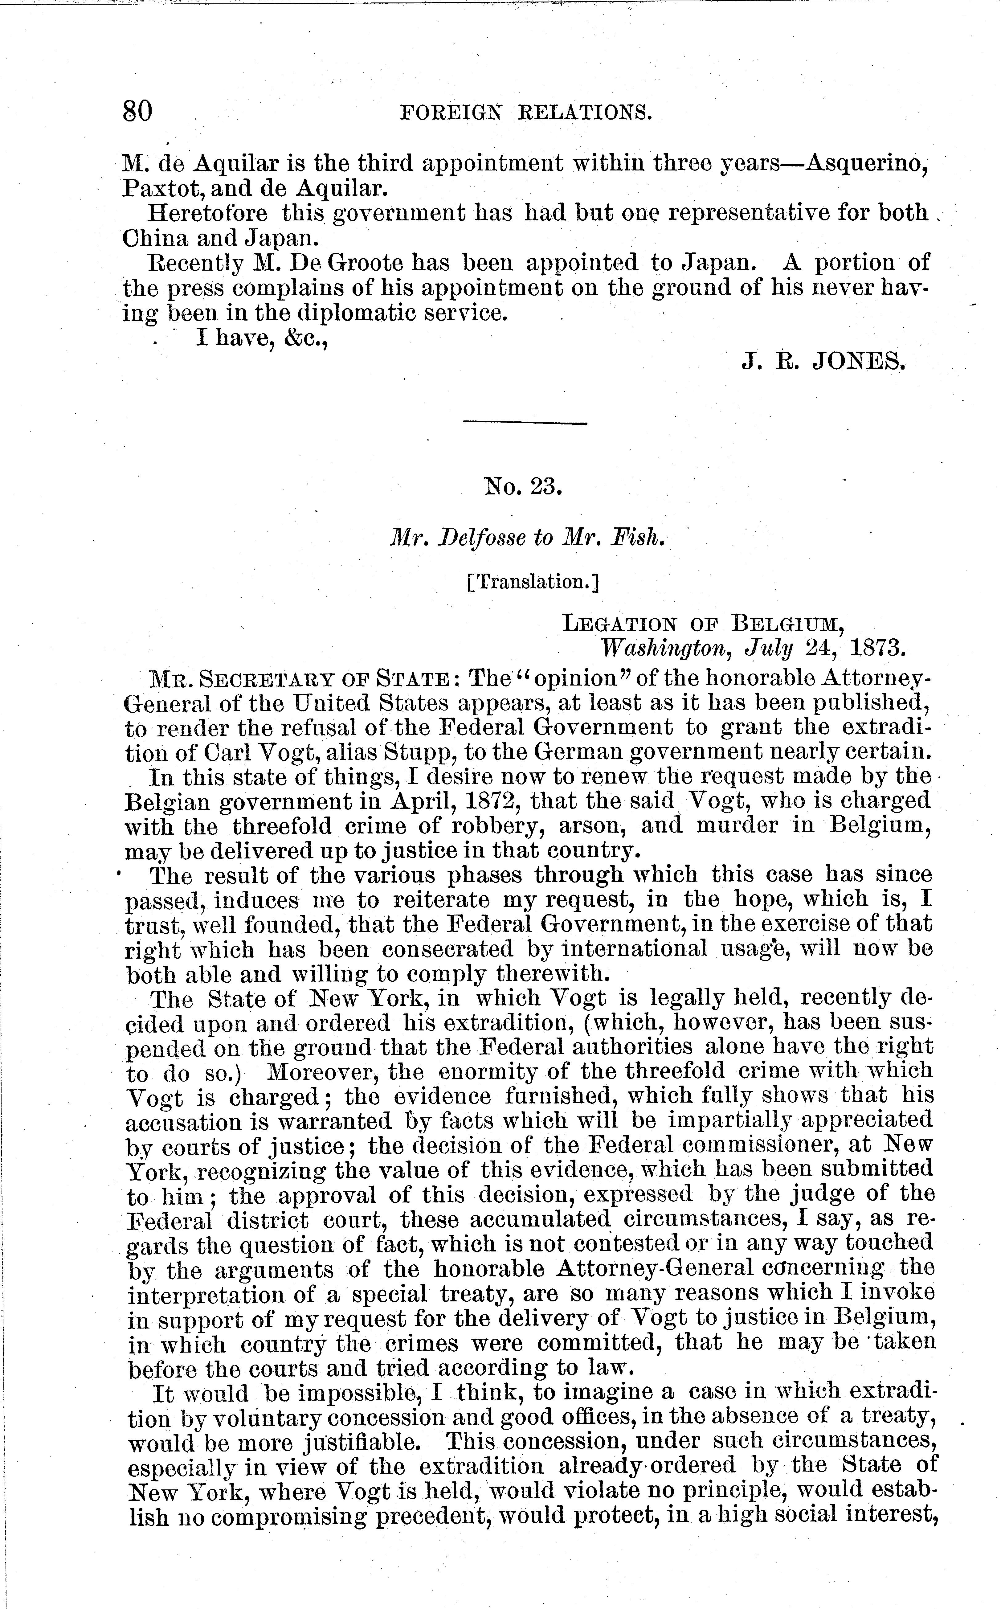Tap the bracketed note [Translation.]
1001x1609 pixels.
coord(533,582)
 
